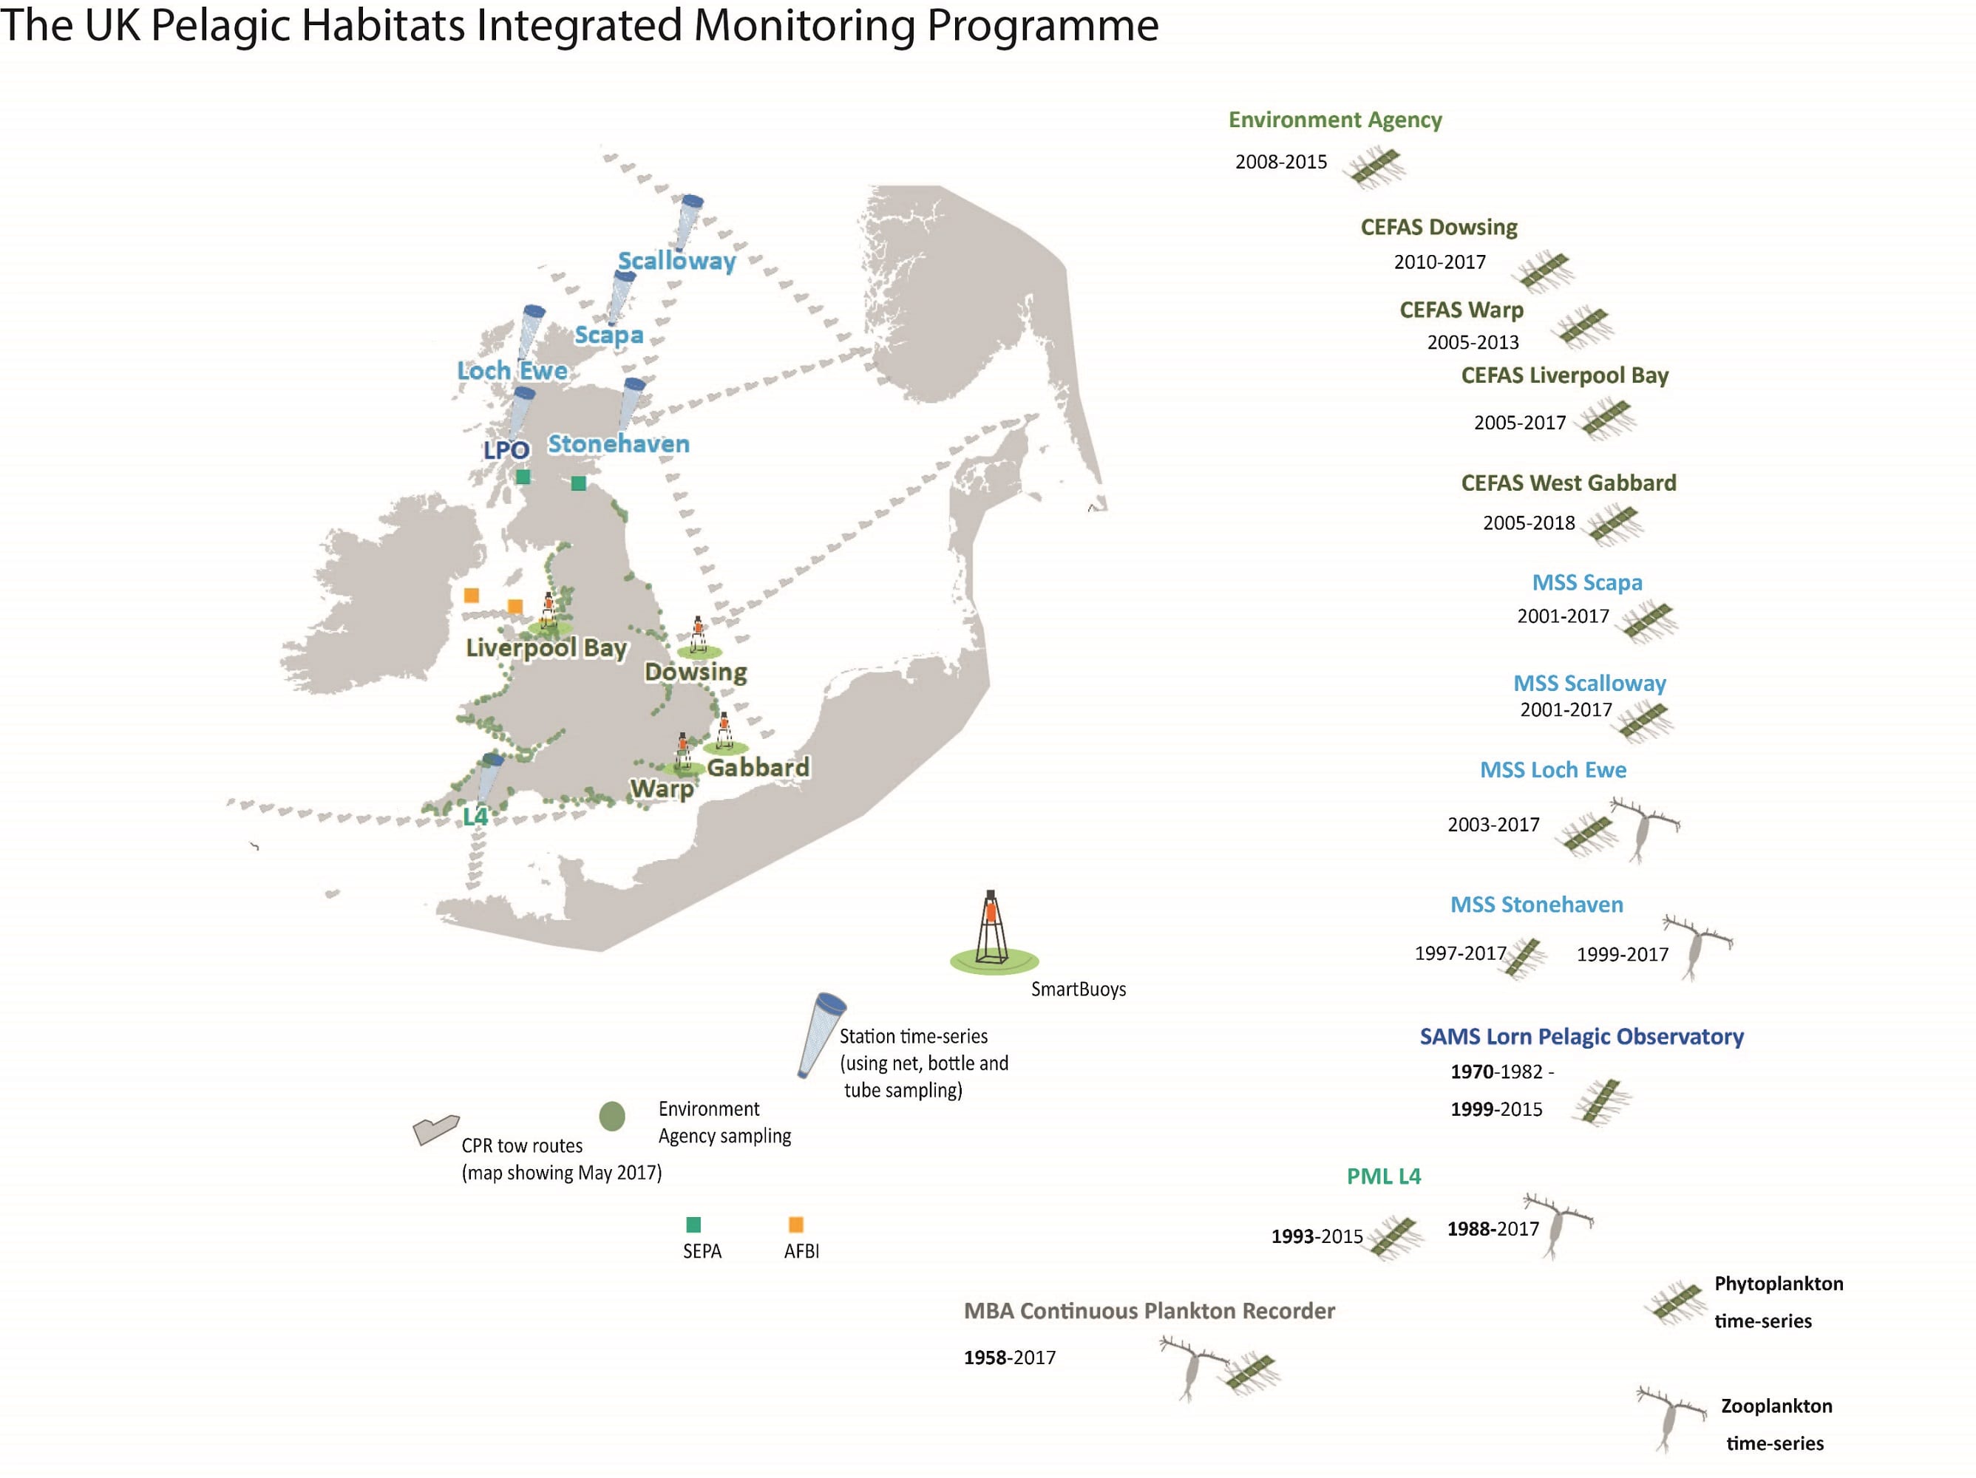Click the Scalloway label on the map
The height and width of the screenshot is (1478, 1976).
click(677, 261)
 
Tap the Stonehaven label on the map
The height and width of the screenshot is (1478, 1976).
click(618, 444)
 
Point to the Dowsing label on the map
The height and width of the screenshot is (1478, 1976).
click(696, 672)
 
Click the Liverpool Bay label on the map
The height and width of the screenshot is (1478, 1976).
click(547, 647)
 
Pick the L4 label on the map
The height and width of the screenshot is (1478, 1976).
click(475, 817)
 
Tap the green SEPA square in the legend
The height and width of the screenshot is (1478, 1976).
click(693, 1225)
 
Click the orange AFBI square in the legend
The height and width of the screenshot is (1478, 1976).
click(796, 1225)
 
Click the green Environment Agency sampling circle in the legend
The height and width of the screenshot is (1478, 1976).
click(612, 1115)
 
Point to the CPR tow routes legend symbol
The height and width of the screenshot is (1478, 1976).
click(436, 1130)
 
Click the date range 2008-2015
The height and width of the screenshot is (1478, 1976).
click(1281, 162)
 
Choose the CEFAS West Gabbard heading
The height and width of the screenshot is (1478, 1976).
click(1569, 483)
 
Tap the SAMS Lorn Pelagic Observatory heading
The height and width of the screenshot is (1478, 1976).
click(1582, 1037)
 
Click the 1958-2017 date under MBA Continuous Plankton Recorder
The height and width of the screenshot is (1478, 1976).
click(1010, 1358)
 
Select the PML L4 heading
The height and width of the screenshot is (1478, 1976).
click(1384, 1176)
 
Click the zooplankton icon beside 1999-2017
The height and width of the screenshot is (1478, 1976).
click(1697, 947)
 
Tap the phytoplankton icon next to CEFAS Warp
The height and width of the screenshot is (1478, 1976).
click(1582, 327)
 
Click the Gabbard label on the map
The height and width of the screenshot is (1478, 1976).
click(758, 767)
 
